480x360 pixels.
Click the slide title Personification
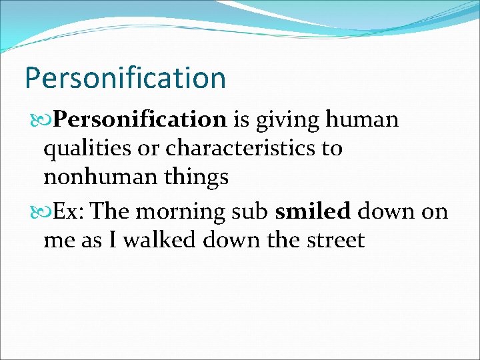click(125, 78)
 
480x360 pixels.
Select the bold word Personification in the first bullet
click(141, 119)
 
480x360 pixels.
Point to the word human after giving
click(363, 119)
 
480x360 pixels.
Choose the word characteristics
click(241, 148)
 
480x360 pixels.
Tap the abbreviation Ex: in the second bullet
click(69, 211)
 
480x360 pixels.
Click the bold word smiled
click(313, 211)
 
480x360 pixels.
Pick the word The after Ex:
click(111, 211)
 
